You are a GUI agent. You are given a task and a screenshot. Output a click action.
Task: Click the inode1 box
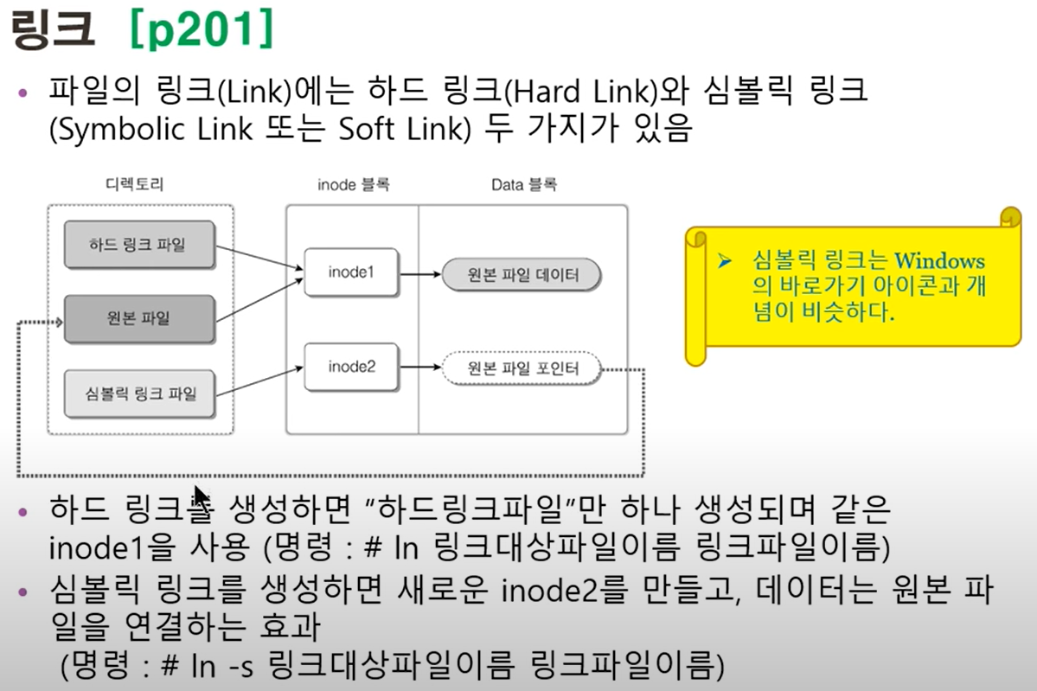350,272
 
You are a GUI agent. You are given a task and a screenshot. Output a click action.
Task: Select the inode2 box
350,367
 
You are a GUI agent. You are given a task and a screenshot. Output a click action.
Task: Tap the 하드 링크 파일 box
138,244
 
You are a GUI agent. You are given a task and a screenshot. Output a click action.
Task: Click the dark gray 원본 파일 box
138,318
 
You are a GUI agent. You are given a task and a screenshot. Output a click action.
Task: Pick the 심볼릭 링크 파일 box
138,394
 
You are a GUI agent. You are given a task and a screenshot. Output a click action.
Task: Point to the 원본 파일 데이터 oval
522,276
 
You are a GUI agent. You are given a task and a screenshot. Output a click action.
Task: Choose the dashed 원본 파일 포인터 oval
522,369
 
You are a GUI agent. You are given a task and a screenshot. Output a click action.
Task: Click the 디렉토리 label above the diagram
135,184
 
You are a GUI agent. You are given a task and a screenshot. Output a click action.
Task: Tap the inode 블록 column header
354,184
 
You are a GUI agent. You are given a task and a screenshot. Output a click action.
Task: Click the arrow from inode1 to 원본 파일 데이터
419,275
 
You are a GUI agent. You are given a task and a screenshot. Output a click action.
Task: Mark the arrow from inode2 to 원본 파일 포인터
419,368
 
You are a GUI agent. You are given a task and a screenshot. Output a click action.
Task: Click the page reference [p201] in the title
200,32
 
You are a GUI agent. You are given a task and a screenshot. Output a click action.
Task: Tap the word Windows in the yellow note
939,260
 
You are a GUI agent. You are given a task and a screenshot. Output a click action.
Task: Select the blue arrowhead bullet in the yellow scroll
725,260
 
